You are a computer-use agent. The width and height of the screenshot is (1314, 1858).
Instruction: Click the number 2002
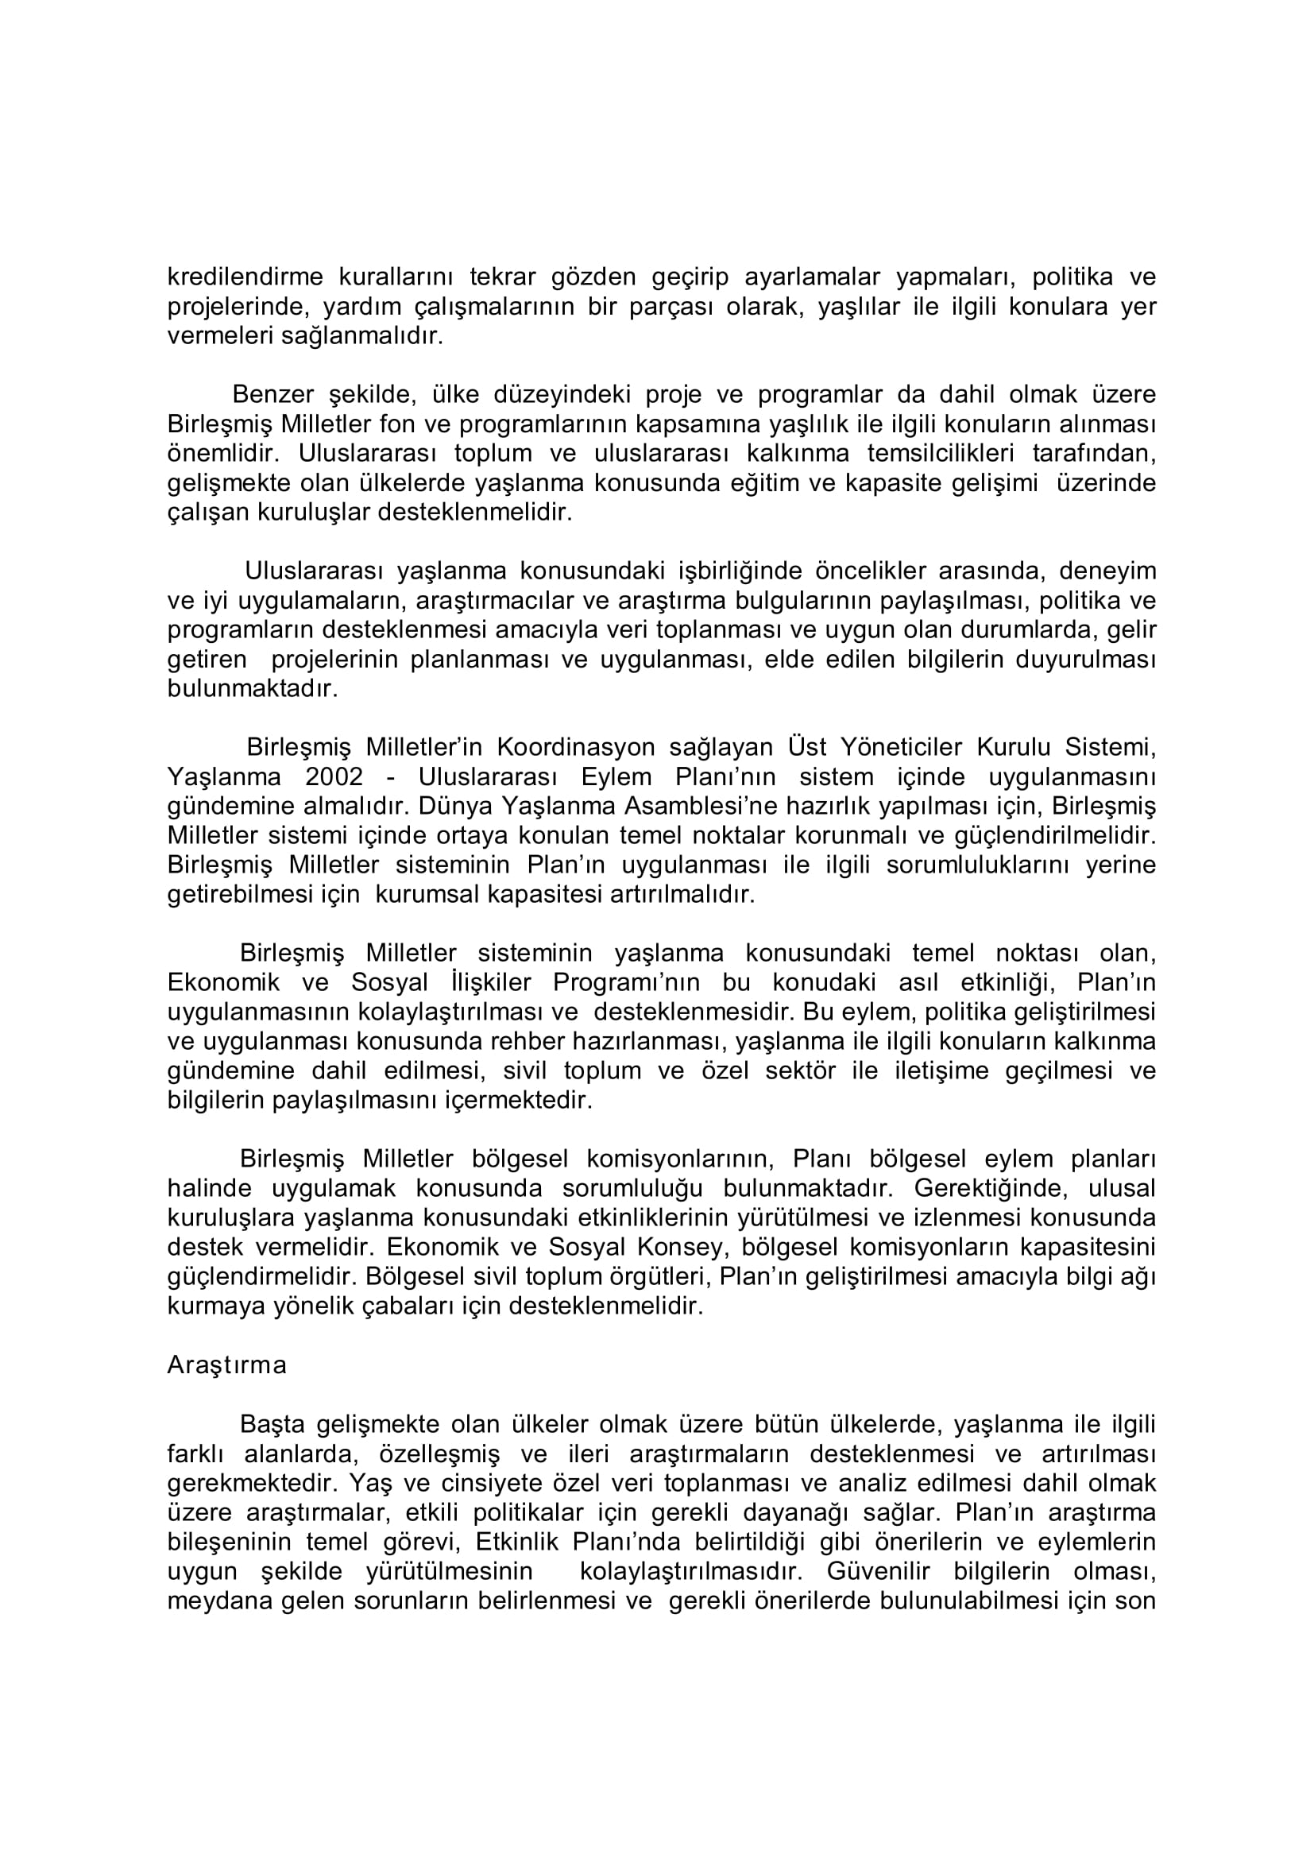tap(334, 777)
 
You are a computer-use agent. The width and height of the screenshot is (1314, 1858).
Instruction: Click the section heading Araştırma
tap(227, 1365)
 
